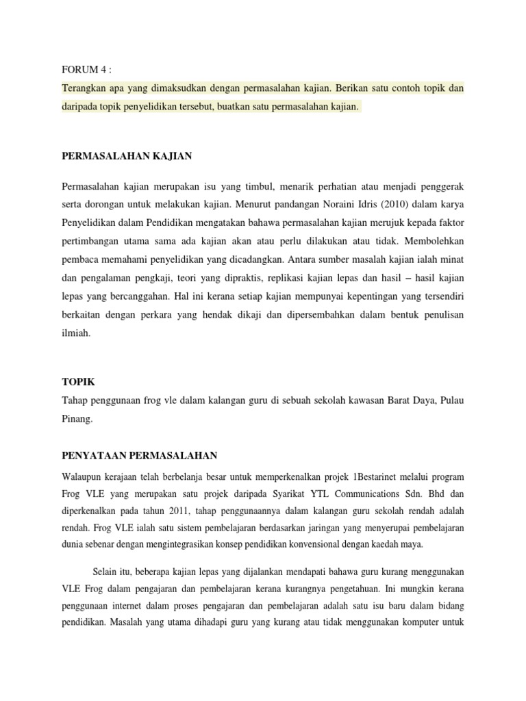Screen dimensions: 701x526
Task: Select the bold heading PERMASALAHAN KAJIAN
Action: pos(127,156)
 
